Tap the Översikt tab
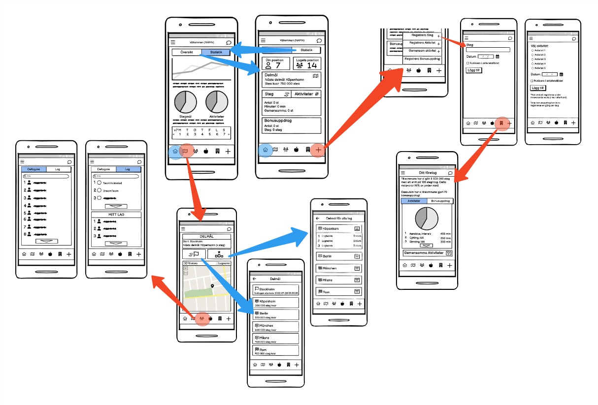coord(187,52)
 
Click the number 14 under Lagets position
coord(312,65)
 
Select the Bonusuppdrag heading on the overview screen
coord(277,120)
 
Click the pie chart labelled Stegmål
coord(186,102)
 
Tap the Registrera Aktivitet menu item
coord(422,43)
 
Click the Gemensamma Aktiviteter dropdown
coord(427,253)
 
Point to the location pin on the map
coord(212,286)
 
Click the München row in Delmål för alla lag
coord(339,268)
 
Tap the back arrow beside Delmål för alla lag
coord(318,218)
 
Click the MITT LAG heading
coord(117,215)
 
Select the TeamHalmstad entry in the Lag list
coord(108,183)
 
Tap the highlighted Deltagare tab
coord(34,169)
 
